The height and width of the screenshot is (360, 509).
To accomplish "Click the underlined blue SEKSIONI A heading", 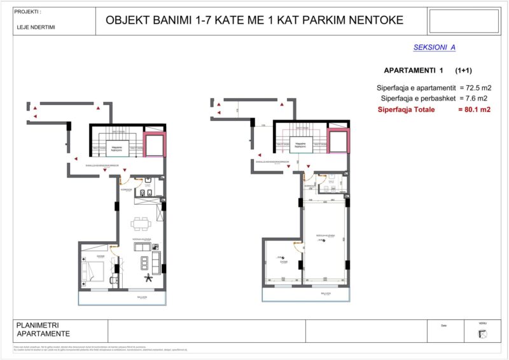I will coord(435,47).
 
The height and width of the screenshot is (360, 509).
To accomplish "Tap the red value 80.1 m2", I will coord(475,110).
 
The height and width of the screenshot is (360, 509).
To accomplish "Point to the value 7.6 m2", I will coord(474,99).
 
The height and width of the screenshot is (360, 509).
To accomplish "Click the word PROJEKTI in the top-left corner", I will coord(27,11).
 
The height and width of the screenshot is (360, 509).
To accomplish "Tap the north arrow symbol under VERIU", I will coord(482,333).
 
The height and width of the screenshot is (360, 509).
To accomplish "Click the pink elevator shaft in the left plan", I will coord(154,145).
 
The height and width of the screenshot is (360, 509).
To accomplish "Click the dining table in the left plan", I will coord(141,223).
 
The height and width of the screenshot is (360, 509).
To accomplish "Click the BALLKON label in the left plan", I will coord(141,297).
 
